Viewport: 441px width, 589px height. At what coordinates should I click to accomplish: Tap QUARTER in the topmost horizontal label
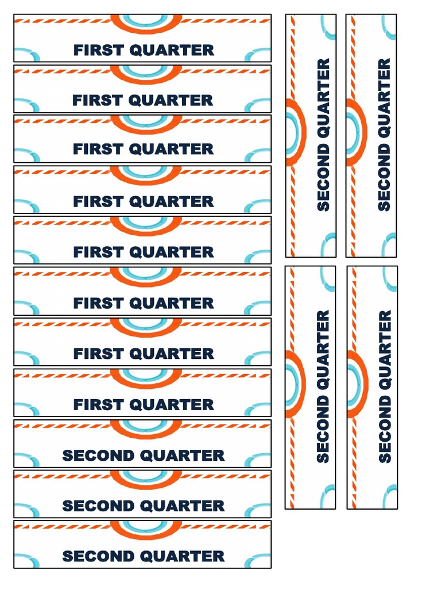click(x=172, y=50)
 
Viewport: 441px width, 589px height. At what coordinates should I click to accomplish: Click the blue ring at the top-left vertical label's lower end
click(x=328, y=244)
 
